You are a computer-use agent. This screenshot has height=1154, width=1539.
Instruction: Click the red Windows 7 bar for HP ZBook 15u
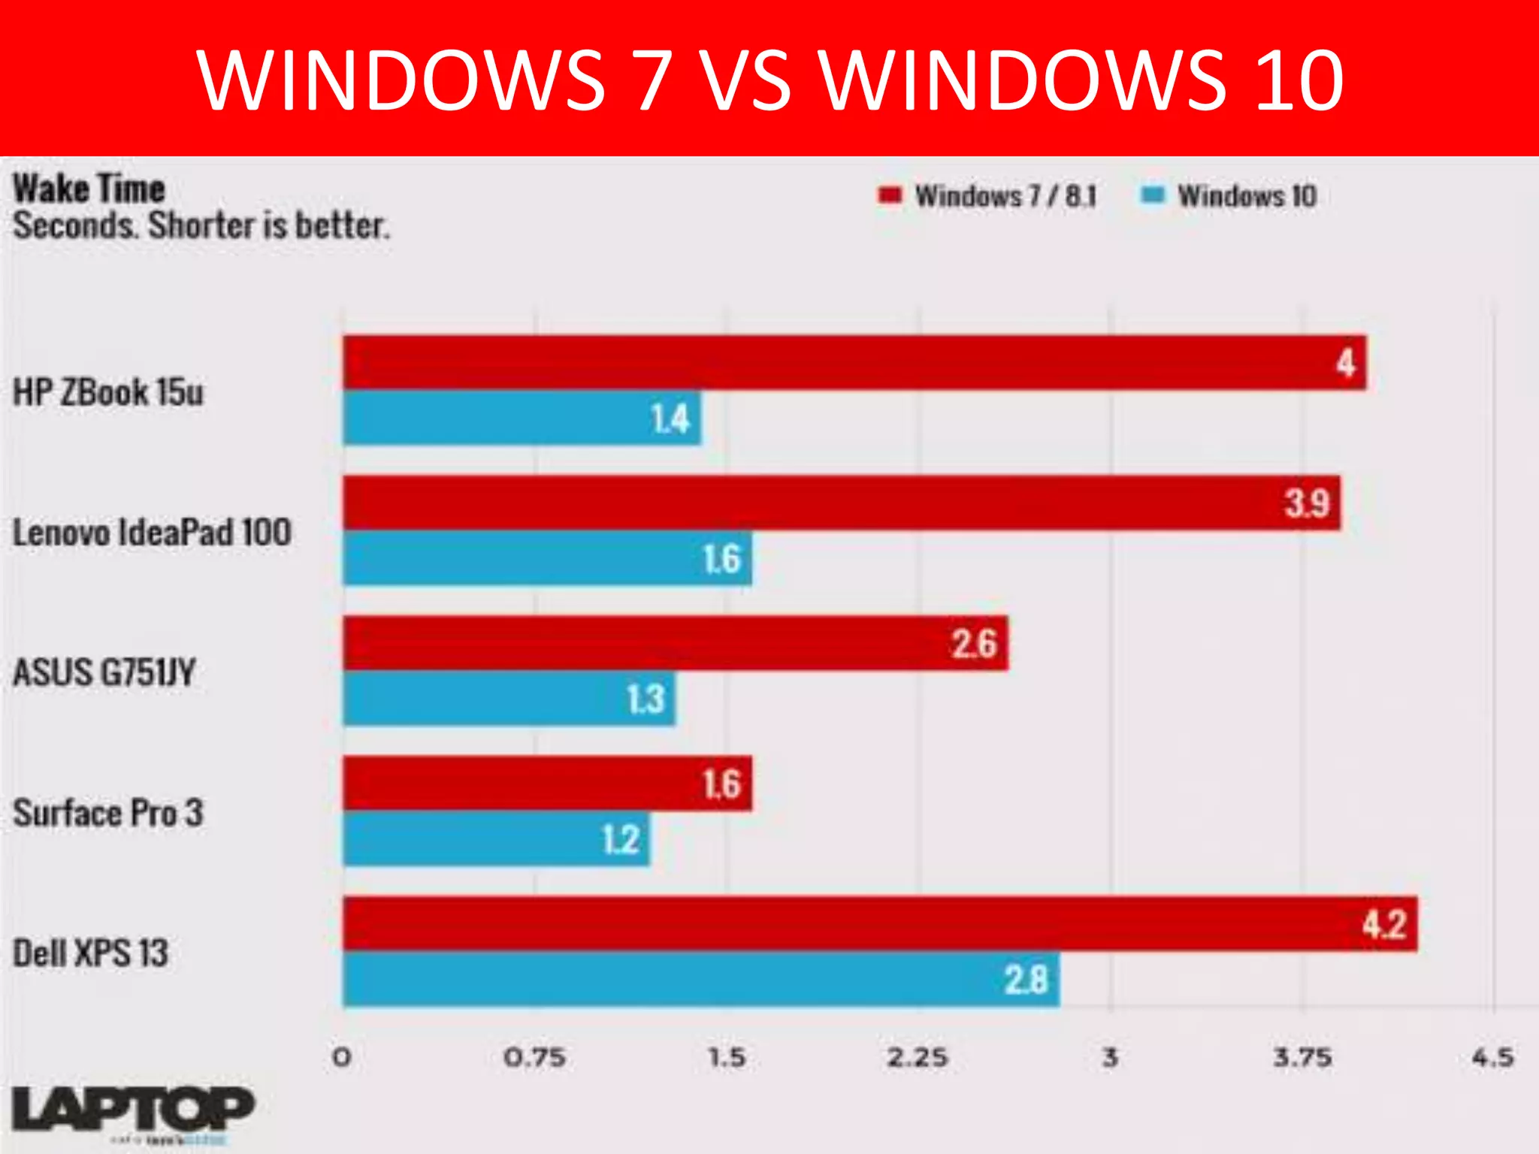854,362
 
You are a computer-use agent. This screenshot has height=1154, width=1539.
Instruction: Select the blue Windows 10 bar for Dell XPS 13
700,979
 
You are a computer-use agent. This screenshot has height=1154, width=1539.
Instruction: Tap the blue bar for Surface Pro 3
496,839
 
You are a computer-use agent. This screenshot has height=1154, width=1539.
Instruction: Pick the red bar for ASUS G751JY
675,643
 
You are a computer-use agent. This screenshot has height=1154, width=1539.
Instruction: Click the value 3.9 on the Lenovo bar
1307,503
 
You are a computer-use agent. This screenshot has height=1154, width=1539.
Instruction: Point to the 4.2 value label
1384,924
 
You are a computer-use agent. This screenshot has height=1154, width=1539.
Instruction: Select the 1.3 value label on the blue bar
646,699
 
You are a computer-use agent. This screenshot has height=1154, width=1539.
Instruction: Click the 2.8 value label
1026,980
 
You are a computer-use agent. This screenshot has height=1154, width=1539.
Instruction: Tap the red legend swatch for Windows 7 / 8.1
890,195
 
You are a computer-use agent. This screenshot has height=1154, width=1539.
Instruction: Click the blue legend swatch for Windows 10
1152,195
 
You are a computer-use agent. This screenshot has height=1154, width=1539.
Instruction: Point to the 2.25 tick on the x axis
918,1058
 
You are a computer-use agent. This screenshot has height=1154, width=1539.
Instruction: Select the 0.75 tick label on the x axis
534,1058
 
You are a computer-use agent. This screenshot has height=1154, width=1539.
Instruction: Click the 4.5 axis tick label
1492,1058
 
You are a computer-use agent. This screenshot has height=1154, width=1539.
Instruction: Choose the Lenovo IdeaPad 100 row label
152,533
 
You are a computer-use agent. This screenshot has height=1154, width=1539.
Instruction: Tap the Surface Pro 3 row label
108,813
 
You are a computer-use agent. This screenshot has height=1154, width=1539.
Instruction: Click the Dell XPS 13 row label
91,953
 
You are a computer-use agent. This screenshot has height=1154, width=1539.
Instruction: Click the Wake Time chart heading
89,188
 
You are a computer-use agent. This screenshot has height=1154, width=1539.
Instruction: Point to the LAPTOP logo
132,1110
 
